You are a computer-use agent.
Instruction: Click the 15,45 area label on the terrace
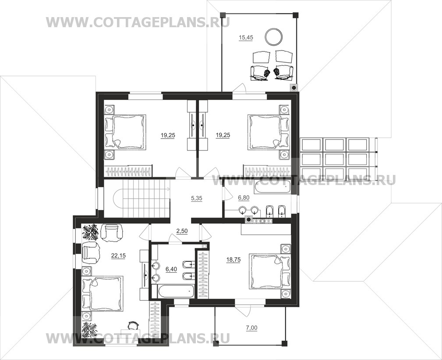pos(245,38)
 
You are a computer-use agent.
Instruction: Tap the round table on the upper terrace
pos(274,37)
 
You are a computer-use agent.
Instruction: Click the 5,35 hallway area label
pos(197,198)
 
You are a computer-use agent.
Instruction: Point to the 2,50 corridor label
pos(182,231)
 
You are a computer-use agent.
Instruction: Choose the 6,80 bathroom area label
pos(244,198)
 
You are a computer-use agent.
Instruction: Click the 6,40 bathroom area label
pos(171,269)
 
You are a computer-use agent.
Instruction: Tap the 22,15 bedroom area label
pos(119,256)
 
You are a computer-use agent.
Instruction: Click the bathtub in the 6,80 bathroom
pos(272,187)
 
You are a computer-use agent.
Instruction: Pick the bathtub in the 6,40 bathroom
pos(173,291)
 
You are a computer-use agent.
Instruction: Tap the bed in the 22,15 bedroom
pos(103,294)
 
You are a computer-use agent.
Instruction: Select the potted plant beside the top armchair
pos(90,232)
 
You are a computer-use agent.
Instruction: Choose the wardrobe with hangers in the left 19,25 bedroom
pos(128,171)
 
